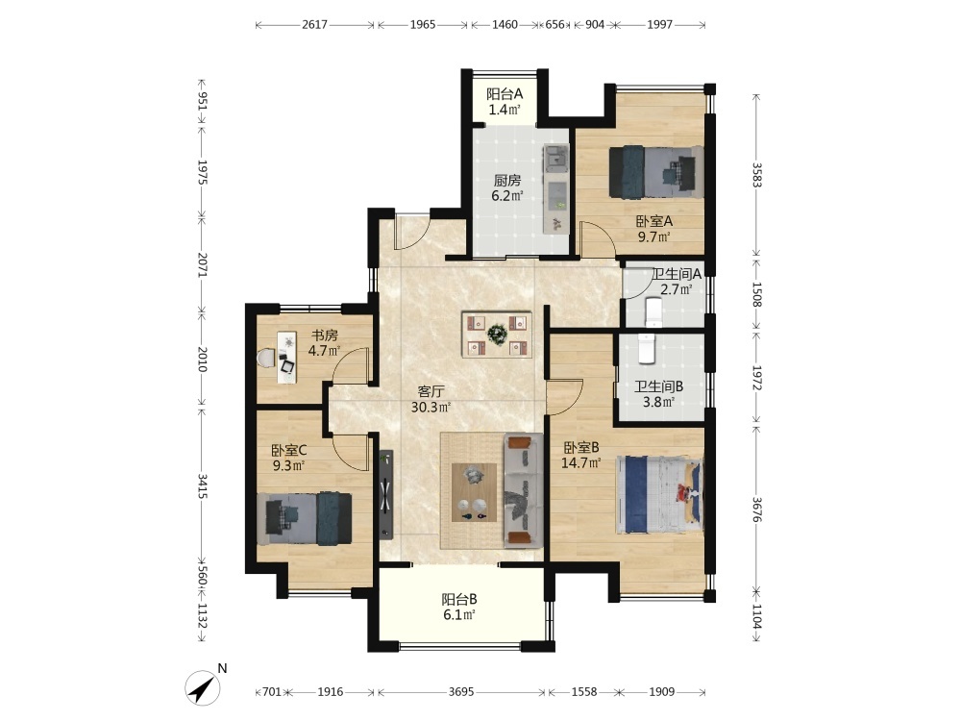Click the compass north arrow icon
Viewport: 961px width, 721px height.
coord(204,688)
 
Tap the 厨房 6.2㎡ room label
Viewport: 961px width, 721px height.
coord(507,188)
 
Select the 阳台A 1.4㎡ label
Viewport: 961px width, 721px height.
coord(505,102)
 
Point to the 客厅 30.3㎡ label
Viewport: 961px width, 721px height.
coord(431,399)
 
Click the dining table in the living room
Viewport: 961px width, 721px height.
coord(497,335)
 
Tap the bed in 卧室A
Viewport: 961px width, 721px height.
coord(655,172)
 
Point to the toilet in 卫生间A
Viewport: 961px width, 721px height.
coord(653,311)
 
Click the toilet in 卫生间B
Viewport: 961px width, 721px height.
coord(647,349)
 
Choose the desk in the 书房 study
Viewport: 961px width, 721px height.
coord(285,358)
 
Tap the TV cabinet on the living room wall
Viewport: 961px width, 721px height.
coord(385,495)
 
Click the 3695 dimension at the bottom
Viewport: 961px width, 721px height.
coord(461,692)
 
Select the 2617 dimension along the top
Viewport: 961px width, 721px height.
coord(314,25)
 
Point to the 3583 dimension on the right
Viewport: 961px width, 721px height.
coord(756,175)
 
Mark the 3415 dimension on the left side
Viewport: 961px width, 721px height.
coord(202,485)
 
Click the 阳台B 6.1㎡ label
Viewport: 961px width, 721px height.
coord(459,607)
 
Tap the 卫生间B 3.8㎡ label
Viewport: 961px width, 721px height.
coord(658,394)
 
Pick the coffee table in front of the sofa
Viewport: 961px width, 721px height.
coord(474,492)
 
